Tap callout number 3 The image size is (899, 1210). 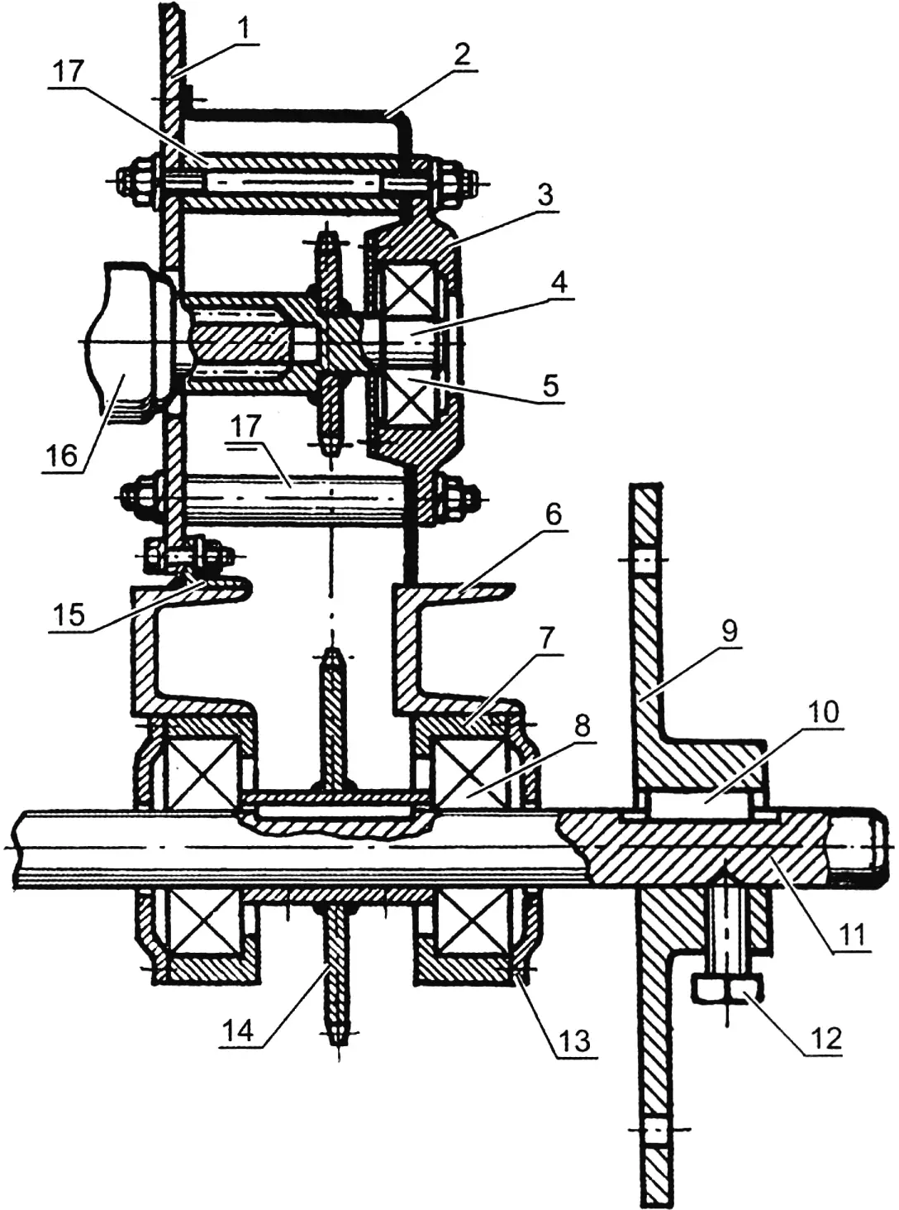coord(544,196)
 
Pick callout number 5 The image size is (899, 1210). coord(551,385)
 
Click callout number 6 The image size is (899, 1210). coord(553,514)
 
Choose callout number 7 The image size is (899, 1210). coord(548,636)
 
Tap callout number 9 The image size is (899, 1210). coord(730,631)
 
